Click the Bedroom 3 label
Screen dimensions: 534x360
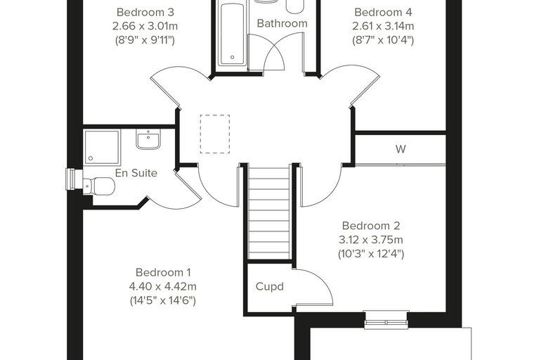coord(145,12)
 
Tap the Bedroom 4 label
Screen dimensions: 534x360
coord(383,12)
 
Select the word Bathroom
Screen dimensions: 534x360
coord(282,23)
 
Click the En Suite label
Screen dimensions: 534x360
coord(136,173)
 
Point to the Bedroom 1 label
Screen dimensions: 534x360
coord(163,272)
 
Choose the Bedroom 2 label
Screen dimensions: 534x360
coord(371,226)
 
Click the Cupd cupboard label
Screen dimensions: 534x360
coord(270,286)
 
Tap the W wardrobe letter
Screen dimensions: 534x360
coord(400,149)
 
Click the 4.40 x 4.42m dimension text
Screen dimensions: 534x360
coord(163,286)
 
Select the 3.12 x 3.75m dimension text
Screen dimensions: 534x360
coord(371,240)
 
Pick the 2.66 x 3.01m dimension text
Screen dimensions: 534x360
coord(145,26)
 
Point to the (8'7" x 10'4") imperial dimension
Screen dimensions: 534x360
coord(383,40)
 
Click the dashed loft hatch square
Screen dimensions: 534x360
coord(215,134)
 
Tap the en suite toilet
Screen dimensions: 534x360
coord(100,186)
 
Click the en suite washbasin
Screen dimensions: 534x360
coord(148,139)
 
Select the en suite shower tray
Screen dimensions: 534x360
coord(102,146)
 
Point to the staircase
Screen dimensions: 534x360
coord(269,212)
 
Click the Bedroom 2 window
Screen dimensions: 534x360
coord(386,320)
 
